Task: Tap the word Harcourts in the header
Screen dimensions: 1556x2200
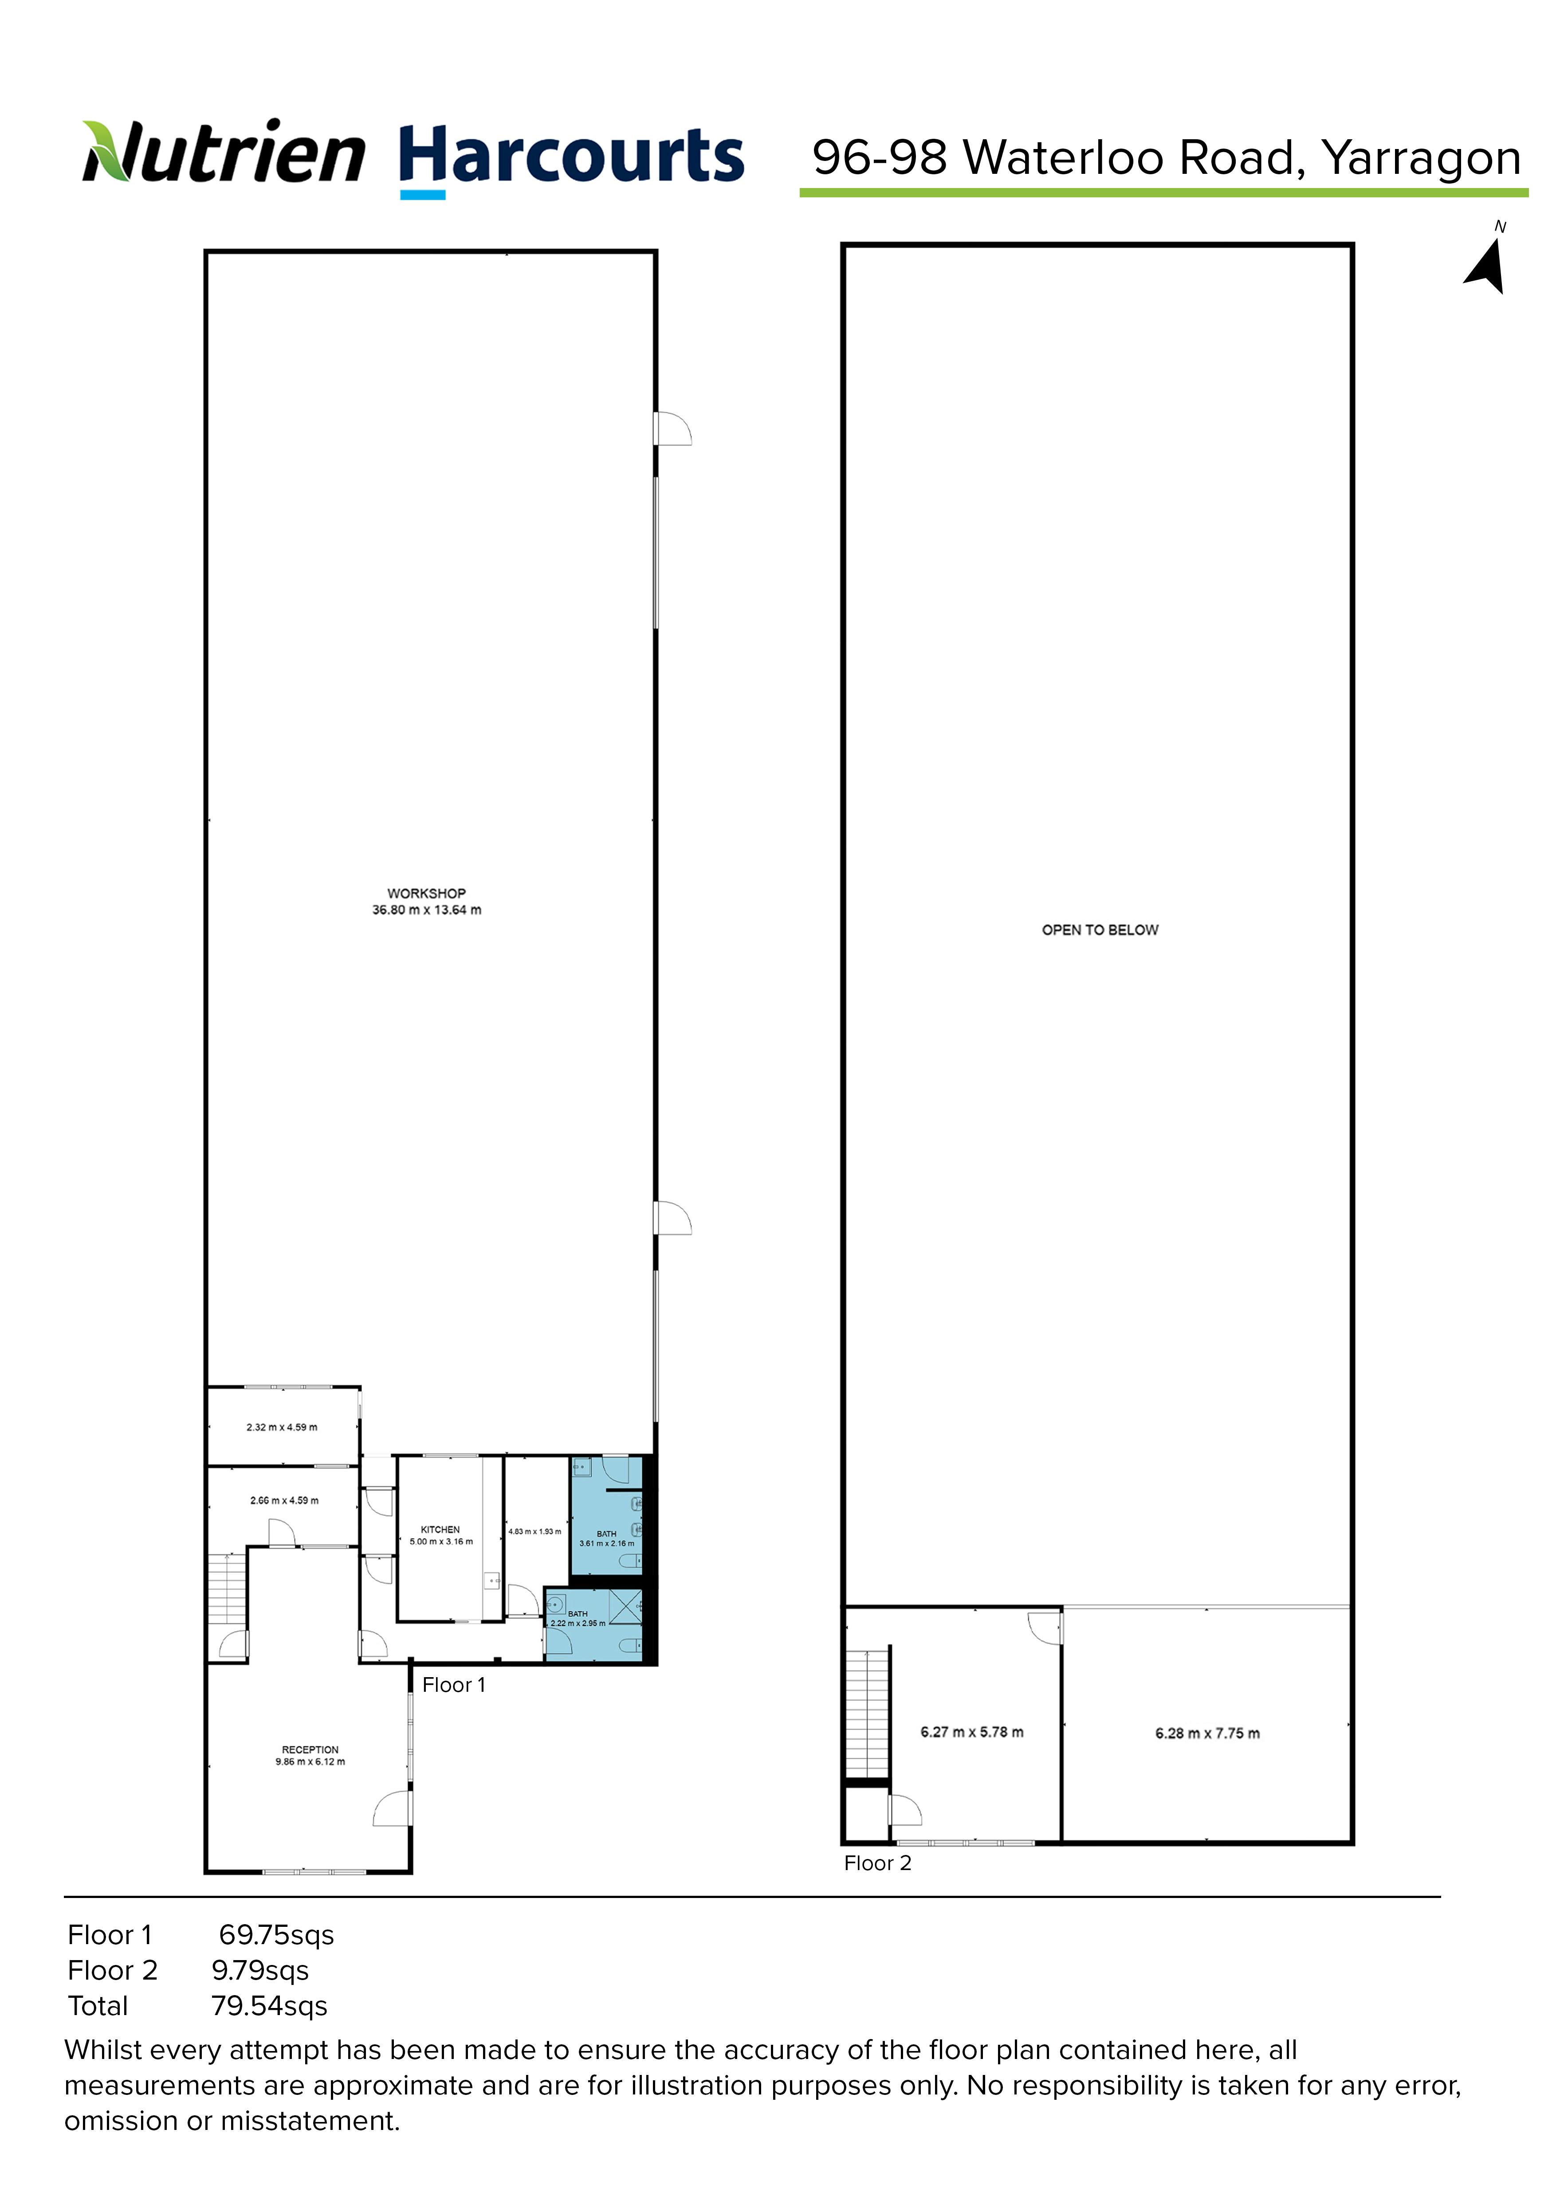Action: pyautogui.click(x=571, y=156)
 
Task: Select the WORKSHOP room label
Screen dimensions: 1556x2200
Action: pyautogui.click(x=426, y=893)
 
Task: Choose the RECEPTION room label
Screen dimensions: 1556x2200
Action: pyautogui.click(x=310, y=1749)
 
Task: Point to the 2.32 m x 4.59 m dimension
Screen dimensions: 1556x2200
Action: pyautogui.click(x=282, y=1427)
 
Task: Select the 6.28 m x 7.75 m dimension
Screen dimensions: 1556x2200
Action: pyautogui.click(x=1207, y=1733)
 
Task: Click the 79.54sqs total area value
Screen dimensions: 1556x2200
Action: pyautogui.click(x=269, y=2005)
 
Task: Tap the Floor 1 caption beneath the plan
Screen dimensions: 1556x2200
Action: pyautogui.click(x=454, y=1685)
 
